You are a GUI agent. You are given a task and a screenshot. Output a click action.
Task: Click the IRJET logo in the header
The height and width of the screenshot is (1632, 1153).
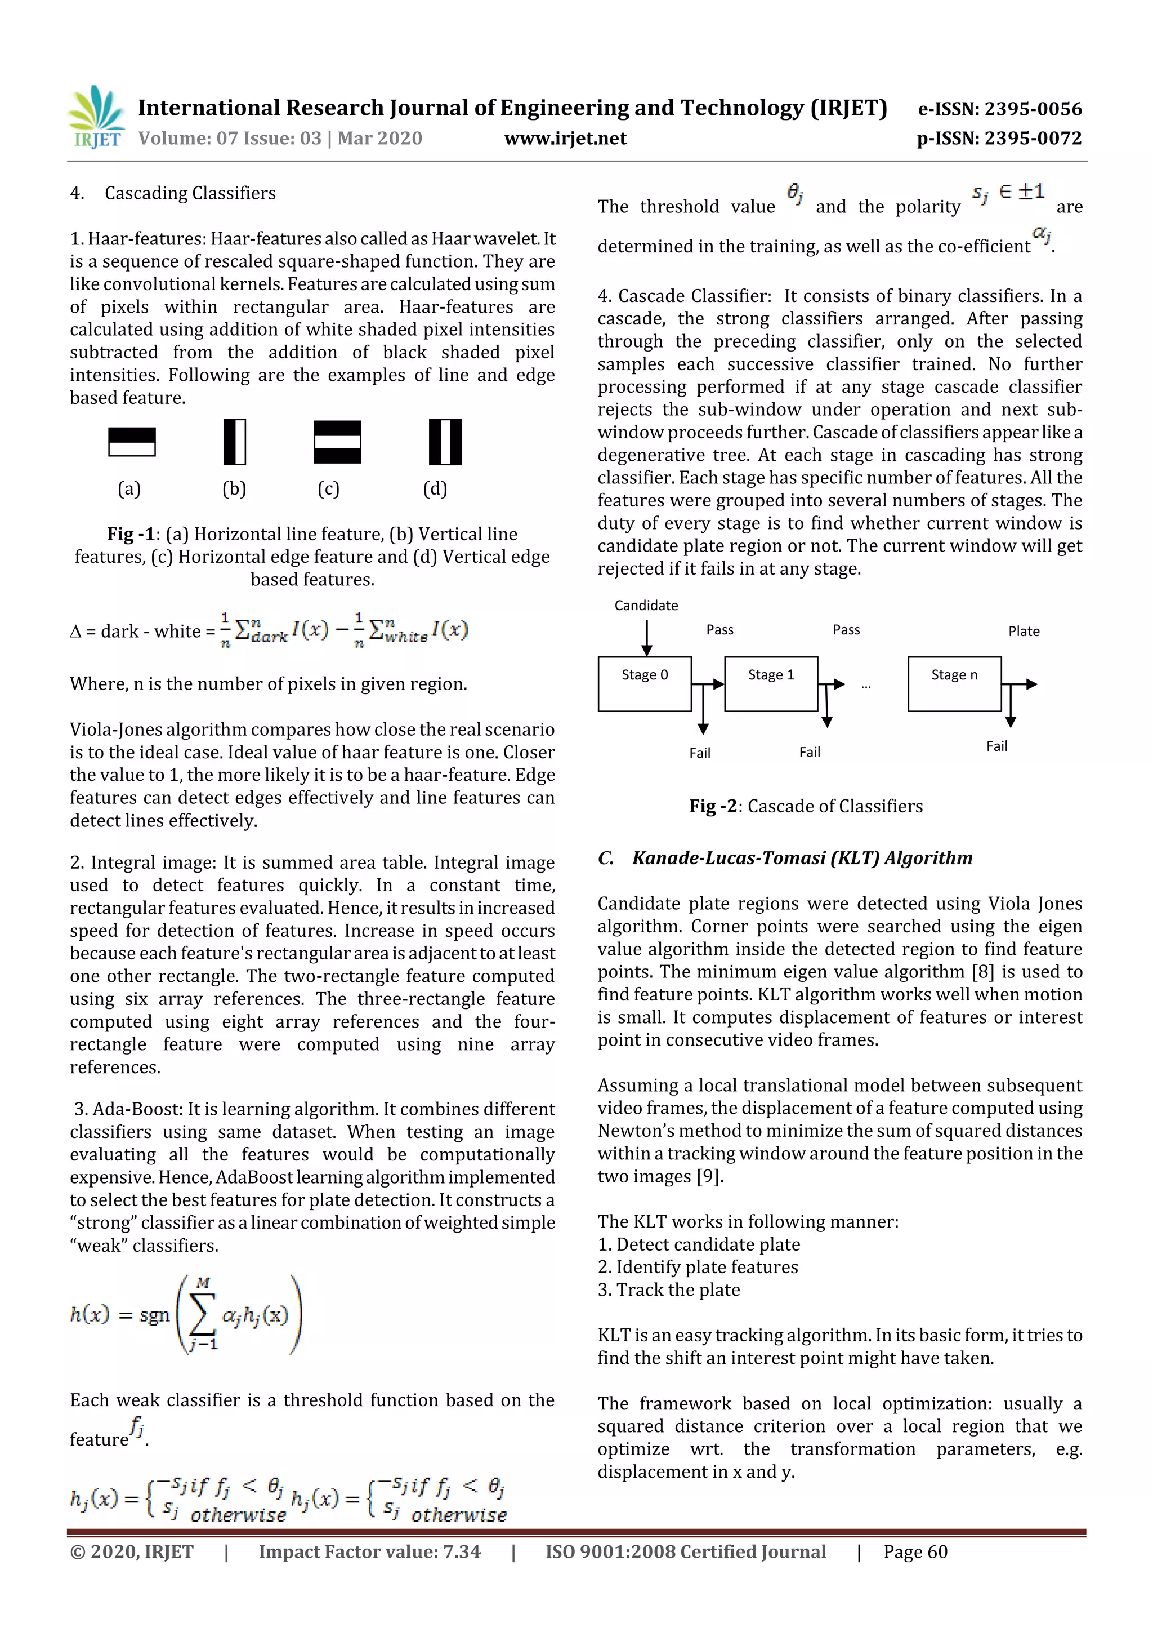96,117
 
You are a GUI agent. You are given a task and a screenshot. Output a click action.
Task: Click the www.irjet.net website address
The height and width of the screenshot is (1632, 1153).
565,138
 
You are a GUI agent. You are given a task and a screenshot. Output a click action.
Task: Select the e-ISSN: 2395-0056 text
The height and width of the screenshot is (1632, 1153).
999,109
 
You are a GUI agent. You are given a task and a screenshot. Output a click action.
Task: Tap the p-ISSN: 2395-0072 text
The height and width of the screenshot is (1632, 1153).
999,138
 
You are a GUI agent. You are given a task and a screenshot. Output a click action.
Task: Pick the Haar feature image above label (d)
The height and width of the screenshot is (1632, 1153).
445,442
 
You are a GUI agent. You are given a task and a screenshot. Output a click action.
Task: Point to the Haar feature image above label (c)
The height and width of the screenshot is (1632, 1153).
337,442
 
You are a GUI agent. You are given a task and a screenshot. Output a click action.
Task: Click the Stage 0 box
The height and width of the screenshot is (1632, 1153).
645,683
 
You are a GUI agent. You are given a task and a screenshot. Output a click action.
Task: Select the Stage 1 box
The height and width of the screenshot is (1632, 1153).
771,683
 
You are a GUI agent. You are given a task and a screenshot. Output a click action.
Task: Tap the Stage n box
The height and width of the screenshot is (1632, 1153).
954,683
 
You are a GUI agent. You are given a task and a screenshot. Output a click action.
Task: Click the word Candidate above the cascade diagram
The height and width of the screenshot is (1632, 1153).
646,605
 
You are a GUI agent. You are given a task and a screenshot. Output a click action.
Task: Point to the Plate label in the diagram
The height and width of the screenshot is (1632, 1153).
1024,630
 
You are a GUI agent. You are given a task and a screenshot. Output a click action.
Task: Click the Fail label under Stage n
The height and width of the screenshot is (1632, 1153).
996,746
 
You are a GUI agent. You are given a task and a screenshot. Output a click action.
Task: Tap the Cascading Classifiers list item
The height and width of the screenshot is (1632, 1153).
190,193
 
